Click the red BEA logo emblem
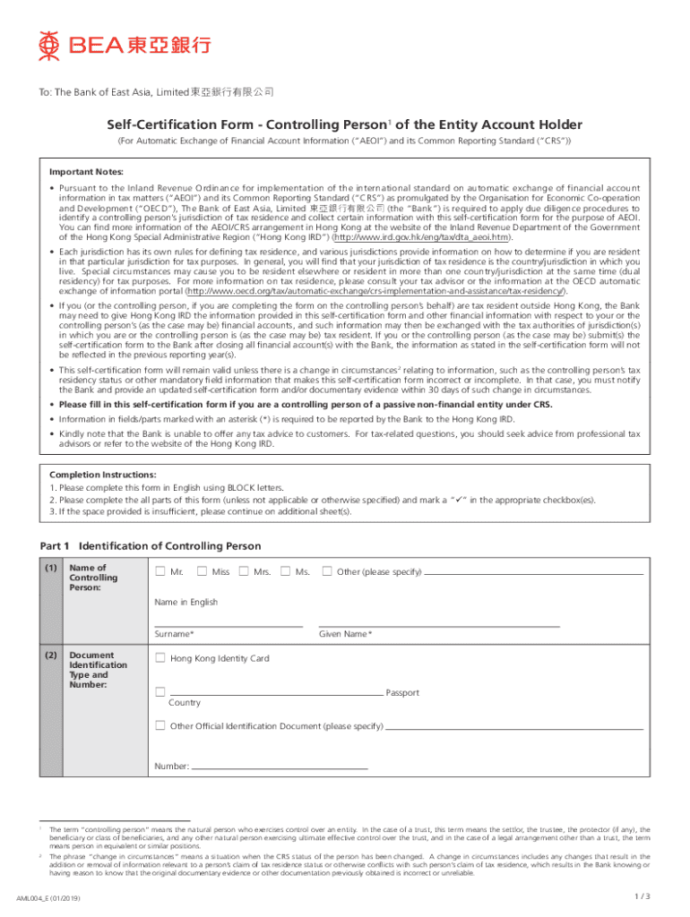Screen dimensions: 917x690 [48, 42]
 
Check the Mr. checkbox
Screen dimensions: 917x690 [160, 571]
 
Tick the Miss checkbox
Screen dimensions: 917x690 [202, 571]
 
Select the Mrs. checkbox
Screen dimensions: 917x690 [244, 571]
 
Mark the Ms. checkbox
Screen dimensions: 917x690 [285, 571]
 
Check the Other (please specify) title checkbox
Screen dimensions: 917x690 [327, 571]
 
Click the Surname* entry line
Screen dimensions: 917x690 [228, 624]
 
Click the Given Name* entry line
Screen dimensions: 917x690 [439, 624]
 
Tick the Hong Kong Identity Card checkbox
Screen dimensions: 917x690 [160, 658]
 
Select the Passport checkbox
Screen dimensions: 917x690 [160, 692]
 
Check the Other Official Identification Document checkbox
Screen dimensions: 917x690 [160, 725]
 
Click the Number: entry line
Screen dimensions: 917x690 [280, 767]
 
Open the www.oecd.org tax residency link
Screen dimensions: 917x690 [376, 291]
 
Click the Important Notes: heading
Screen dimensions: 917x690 [86, 171]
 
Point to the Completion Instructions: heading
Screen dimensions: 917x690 [91, 475]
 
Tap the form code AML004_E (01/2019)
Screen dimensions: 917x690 [58, 898]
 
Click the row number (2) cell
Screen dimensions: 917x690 [51, 655]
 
